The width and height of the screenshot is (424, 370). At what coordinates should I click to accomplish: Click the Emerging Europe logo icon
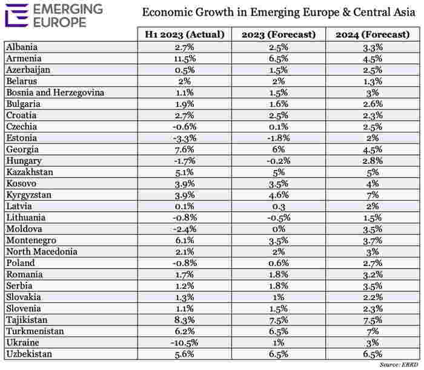pos(17,15)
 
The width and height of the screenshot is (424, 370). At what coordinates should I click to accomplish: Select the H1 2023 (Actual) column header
pos(185,34)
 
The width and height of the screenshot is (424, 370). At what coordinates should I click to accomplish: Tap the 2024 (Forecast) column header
pos(373,34)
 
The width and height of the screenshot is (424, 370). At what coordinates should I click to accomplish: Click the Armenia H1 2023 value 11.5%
pos(185,59)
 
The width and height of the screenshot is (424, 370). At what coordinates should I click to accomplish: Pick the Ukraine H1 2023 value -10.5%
pos(184,343)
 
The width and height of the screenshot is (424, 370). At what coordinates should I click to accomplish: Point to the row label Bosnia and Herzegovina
pos(55,92)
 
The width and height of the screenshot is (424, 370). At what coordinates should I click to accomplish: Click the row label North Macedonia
pos(42,252)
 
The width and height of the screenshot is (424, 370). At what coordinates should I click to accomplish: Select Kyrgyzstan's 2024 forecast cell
pos(373,195)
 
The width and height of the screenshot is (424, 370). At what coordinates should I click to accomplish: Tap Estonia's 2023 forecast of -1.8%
pos(279,138)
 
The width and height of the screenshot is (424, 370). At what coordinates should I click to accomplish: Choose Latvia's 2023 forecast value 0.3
pos(279,206)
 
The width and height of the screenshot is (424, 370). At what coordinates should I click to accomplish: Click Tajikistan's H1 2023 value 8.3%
pos(184,320)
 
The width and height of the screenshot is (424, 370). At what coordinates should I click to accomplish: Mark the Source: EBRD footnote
pos(399,365)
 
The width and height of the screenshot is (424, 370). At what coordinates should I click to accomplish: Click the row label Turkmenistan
pos(35,331)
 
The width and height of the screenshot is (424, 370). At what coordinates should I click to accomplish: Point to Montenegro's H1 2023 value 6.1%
pos(184,240)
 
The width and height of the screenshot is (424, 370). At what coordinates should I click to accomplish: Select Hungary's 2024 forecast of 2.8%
pos(373,161)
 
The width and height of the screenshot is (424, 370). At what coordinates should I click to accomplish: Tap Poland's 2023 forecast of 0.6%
pos(279,263)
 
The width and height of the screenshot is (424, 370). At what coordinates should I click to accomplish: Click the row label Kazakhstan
pos(30,172)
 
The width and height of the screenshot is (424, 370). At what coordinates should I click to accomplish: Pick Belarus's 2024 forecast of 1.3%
pos(373,81)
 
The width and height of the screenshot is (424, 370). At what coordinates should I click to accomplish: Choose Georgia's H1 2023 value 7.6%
pos(184,149)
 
